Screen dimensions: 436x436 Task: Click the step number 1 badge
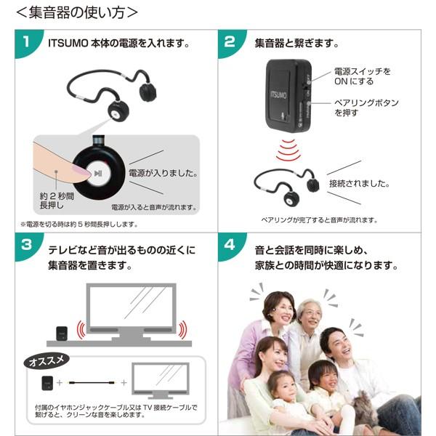pos(26,42)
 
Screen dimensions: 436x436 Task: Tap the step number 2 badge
pos(230,42)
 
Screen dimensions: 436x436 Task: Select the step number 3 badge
pos(26,245)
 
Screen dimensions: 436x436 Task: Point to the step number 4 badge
pos(230,245)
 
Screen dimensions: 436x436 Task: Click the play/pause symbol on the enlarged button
pos(97,174)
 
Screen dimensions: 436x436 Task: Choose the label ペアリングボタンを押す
pos(366,108)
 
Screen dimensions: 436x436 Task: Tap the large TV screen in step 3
pos(131,311)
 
